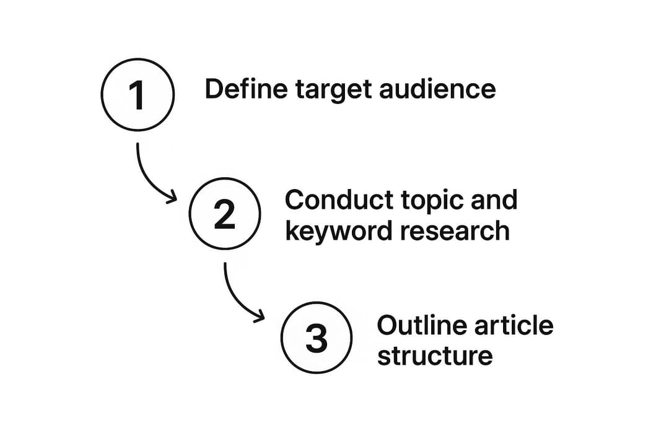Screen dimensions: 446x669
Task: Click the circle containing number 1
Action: (x=137, y=95)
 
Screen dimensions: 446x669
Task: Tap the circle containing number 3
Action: (x=317, y=338)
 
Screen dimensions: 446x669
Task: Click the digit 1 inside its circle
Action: (x=136, y=95)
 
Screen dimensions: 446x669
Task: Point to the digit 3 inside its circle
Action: (x=317, y=339)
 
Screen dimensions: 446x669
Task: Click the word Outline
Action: (x=414, y=325)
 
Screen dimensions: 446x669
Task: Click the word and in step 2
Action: (x=493, y=200)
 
